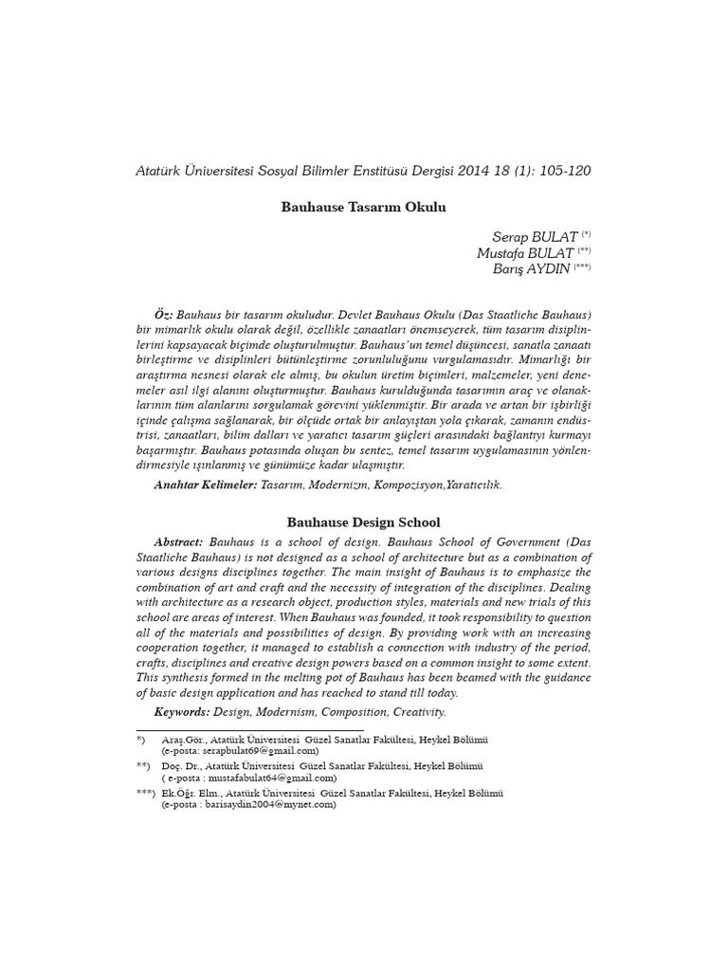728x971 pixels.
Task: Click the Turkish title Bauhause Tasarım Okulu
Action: (363, 206)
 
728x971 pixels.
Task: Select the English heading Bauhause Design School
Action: (363, 522)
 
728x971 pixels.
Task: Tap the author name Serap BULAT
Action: (530, 236)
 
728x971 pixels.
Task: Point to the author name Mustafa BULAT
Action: (525, 253)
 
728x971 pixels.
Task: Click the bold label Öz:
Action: (164, 313)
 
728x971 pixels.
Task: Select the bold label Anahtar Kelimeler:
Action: (206, 485)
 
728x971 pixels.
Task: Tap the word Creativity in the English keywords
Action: (413, 711)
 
